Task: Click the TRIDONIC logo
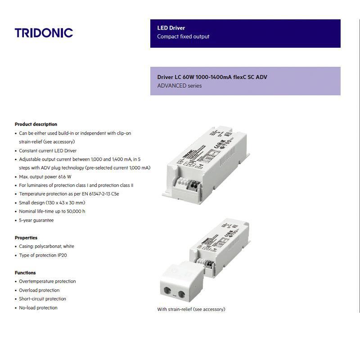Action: click(44, 33)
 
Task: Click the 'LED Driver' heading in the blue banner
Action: click(171, 28)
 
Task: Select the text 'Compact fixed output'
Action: click(183, 36)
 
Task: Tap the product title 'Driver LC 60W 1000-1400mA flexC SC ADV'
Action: click(212, 77)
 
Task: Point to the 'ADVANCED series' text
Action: click(179, 85)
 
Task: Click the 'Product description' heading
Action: click(36, 124)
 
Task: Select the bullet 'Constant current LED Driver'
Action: click(48, 151)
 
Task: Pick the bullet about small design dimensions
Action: click(52, 203)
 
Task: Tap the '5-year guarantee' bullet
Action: click(36, 220)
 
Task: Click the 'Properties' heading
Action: click(26, 238)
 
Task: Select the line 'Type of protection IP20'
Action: click(43, 255)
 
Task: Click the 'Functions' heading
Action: click(25, 273)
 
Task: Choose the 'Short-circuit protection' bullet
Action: click(42, 299)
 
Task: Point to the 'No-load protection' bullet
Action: click(38, 308)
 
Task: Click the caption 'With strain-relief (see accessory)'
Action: click(191, 309)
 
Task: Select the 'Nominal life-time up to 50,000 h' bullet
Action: click(52, 211)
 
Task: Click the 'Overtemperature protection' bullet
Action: click(47, 281)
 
